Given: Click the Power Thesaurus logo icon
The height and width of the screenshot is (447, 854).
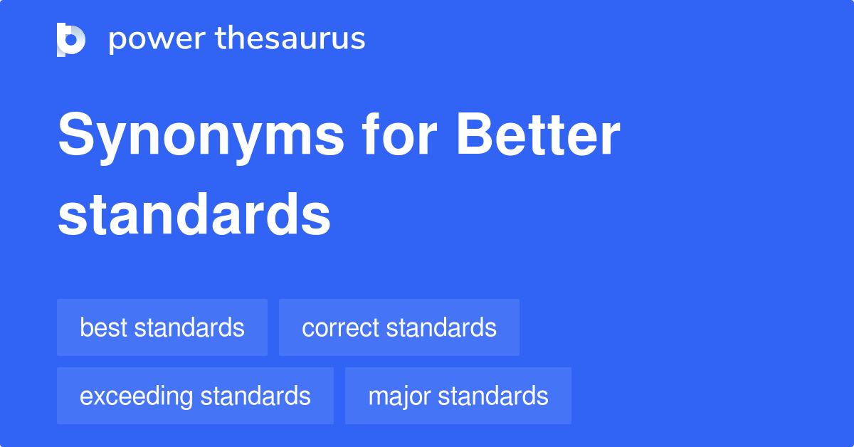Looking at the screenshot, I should [71, 39].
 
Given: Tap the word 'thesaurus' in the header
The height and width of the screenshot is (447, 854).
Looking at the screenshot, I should [291, 38].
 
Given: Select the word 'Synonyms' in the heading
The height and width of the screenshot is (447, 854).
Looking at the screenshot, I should [201, 137].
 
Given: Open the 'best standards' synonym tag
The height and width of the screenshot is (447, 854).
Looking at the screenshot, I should [162, 327].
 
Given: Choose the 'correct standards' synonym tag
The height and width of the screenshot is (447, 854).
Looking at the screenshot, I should [399, 327].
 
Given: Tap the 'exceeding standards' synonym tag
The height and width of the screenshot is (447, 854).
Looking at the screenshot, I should [195, 396].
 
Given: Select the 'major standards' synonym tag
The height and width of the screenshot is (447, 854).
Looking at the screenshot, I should [458, 396].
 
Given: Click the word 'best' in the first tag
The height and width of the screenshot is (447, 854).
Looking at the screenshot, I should [103, 327].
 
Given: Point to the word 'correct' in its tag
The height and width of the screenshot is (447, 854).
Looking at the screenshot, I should [341, 328].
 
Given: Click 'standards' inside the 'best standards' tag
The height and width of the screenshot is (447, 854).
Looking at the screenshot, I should [189, 327].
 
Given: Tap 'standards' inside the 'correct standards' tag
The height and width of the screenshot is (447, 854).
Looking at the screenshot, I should [441, 327].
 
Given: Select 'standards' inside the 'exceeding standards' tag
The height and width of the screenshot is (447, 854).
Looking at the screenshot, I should [255, 396].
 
